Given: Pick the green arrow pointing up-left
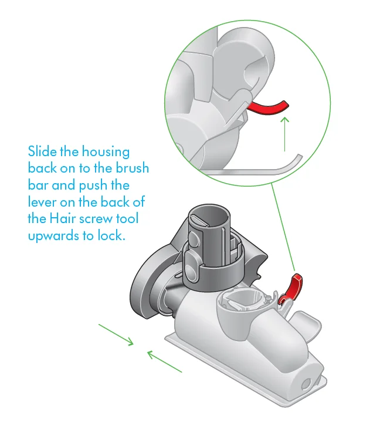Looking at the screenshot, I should [x=164, y=360].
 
